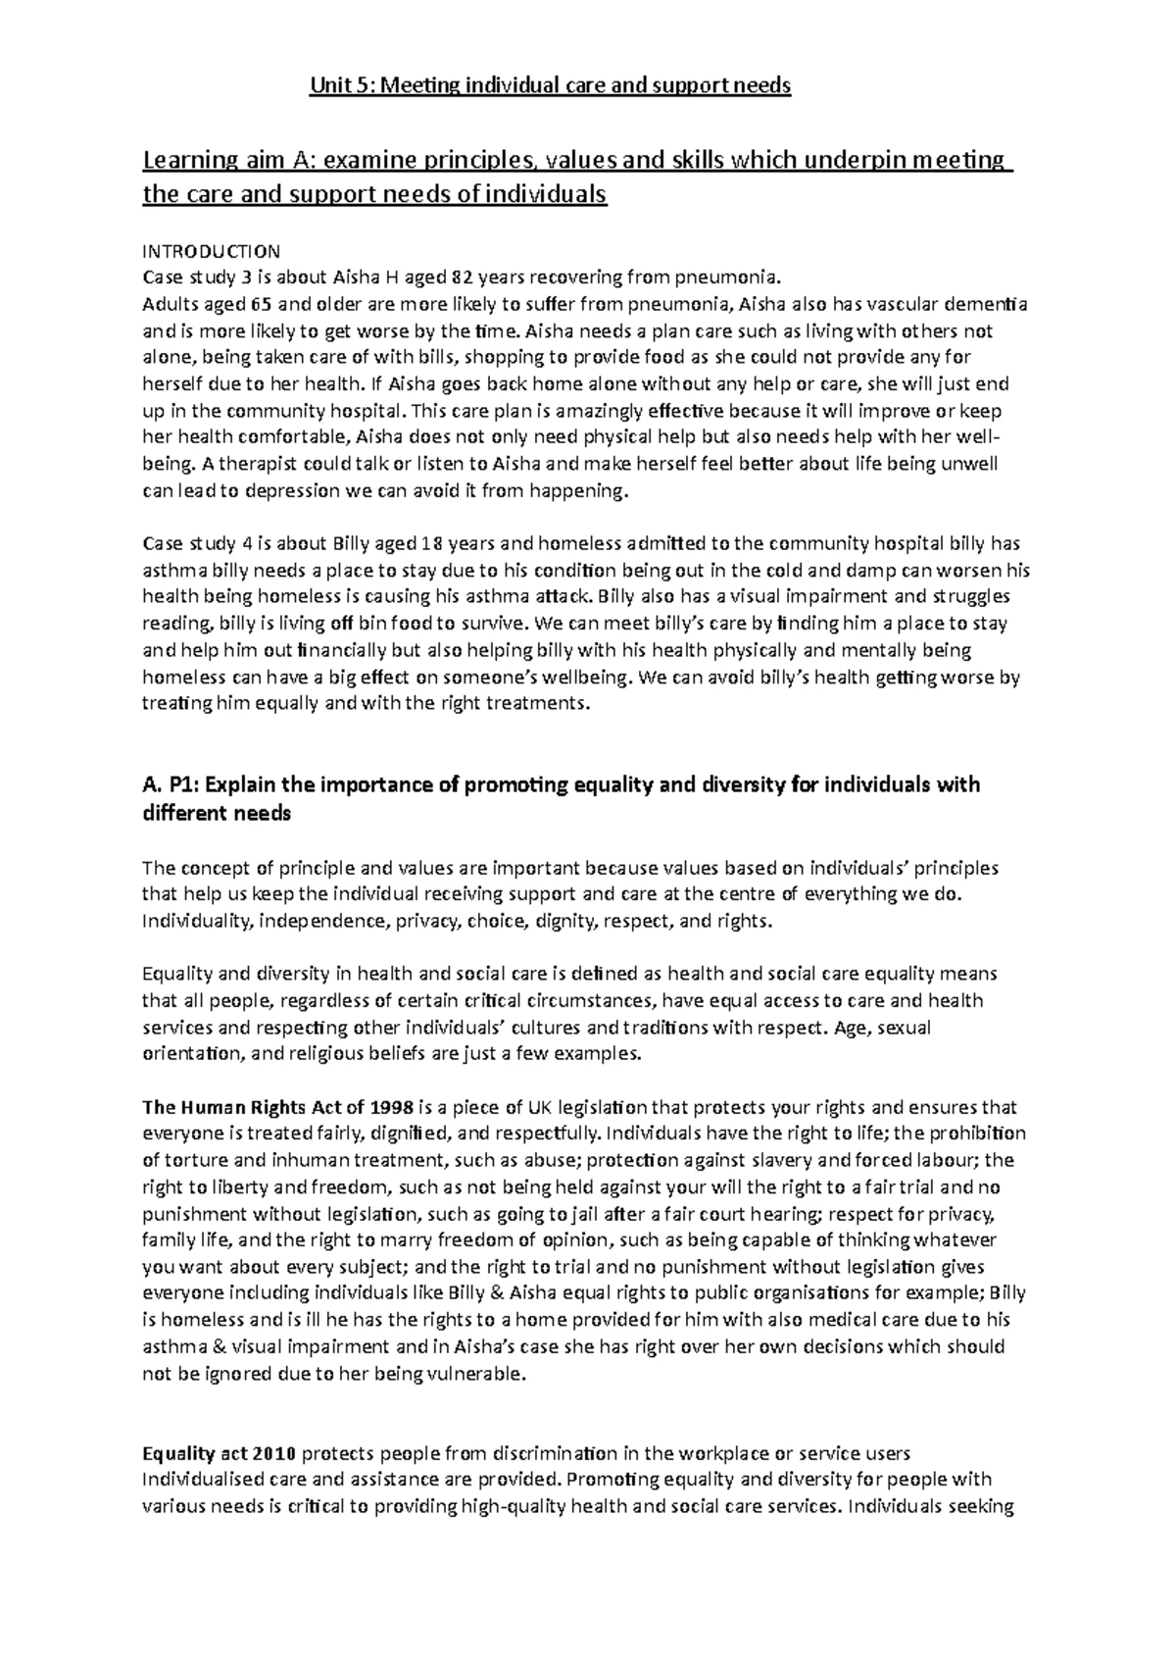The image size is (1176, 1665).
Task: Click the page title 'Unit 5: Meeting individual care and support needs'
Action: [549, 86]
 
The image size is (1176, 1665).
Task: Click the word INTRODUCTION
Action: [211, 251]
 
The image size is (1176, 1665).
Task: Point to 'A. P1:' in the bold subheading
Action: [171, 785]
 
